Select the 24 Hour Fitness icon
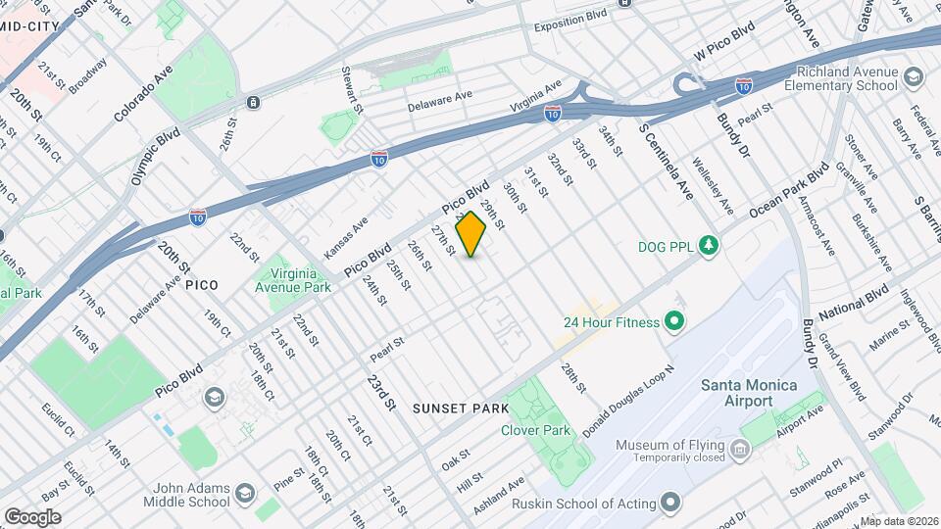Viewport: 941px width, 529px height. point(673,320)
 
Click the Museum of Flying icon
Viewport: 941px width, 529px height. point(739,451)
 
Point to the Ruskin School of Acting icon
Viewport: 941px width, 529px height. point(670,504)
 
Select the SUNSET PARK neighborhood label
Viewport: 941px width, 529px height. point(461,408)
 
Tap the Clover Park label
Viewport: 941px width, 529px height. point(535,429)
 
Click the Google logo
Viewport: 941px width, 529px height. point(32,516)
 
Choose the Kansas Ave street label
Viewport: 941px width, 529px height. point(345,237)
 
